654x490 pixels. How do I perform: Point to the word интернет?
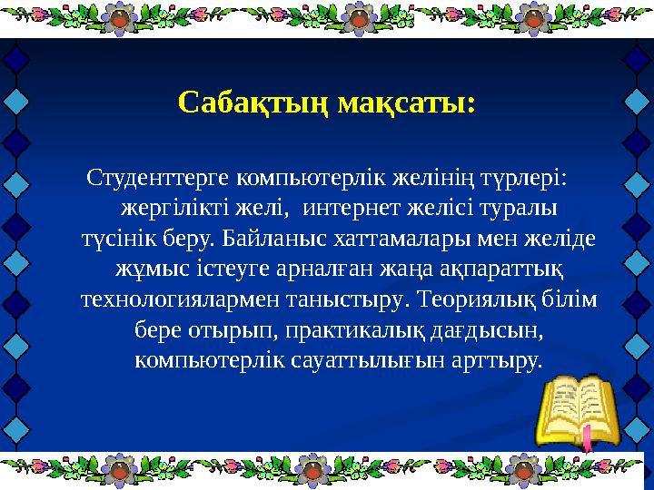click(348, 208)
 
